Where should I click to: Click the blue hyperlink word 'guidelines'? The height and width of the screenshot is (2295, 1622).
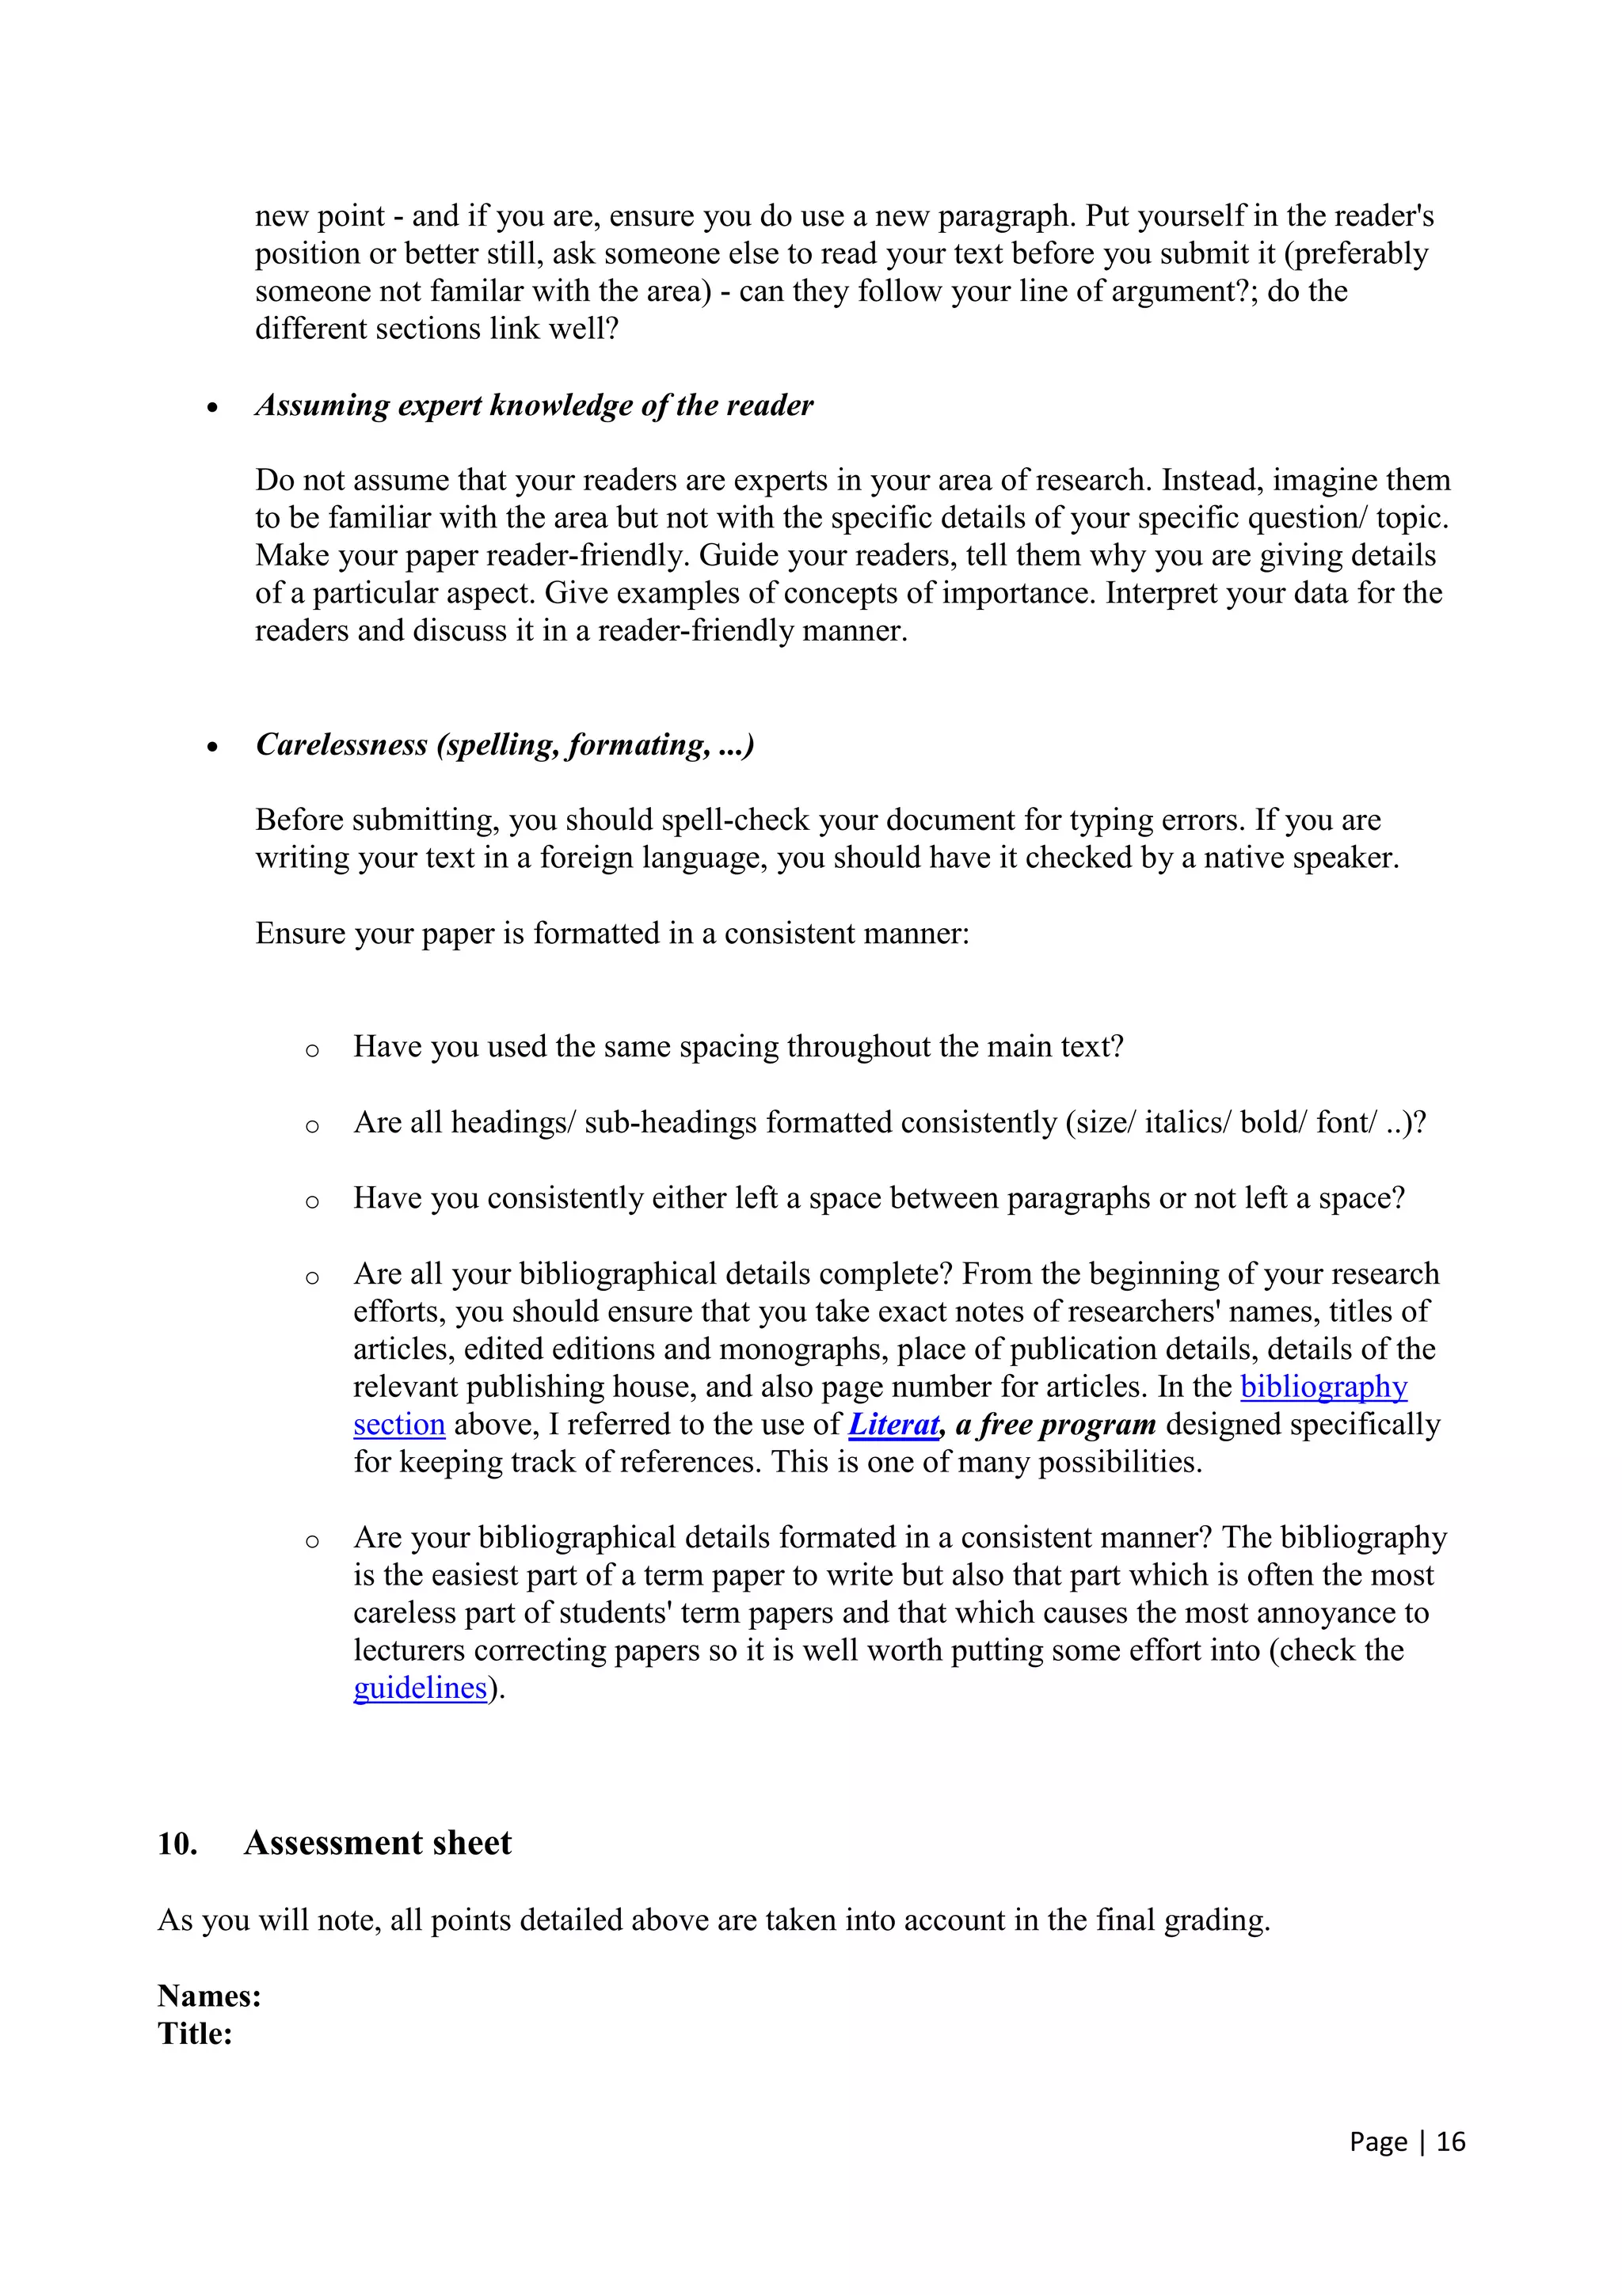coord(420,1688)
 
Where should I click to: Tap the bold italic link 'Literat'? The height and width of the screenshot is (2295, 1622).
coord(893,1425)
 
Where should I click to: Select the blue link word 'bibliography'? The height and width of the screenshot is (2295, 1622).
coord(1323,1387)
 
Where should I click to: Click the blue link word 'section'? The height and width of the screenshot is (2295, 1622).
coord(398,1425)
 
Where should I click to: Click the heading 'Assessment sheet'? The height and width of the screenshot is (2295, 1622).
coord(377,1842)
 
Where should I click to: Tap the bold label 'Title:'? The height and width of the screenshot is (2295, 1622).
coord(195,2033)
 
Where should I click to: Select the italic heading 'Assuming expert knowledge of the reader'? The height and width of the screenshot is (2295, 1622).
coord(534,405)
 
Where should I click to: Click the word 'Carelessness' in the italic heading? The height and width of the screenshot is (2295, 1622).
coord(341,744)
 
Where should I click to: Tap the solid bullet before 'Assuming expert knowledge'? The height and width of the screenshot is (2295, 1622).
coord(212,408)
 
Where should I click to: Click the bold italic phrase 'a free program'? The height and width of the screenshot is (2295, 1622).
coord(1056,1425)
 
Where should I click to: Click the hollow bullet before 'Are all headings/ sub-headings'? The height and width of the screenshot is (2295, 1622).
coord(312,1126)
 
